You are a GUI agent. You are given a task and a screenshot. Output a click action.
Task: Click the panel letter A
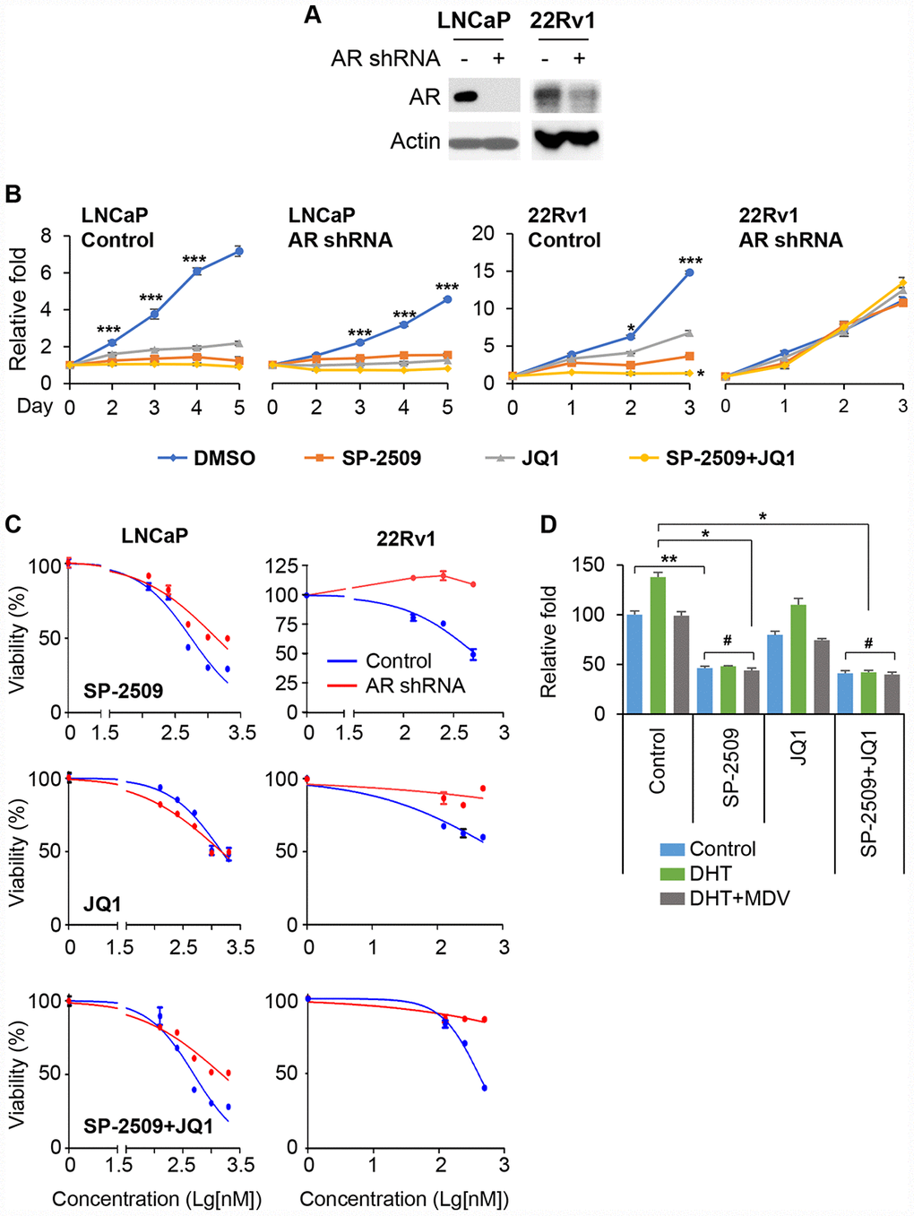pyautogui.click(x=313, y=14)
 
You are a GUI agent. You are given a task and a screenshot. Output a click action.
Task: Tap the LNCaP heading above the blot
pyautogui.click(x=473, y=20)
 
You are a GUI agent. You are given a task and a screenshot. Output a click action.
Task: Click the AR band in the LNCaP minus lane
pyautogui.click(x=465, y=95)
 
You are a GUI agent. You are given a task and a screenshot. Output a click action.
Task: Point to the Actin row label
pyautogui.click(x=415, y=142)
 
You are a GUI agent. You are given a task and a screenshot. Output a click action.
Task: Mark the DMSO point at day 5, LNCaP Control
pyautogui.click(x=238, y=252)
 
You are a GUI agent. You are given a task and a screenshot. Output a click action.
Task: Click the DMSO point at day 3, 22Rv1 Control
pyautogui.click(x=689, y=272)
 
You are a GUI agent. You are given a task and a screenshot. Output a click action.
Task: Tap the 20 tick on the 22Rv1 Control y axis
pyautogui.click(x=483, y=234)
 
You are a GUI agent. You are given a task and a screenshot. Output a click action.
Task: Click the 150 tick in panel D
pyautogui.click(x=588, y=565)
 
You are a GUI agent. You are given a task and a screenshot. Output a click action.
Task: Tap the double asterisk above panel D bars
pyautogui.click(x=668, y=560)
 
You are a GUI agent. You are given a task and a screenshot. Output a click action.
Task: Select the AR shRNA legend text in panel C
pyautogui.click(x=415, y=686)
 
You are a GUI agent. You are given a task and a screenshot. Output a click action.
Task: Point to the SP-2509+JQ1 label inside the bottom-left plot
pyautogui.click(x=148, y=1125)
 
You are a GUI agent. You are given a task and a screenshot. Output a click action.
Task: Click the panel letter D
pyautogui.click(x=548, y=524)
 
